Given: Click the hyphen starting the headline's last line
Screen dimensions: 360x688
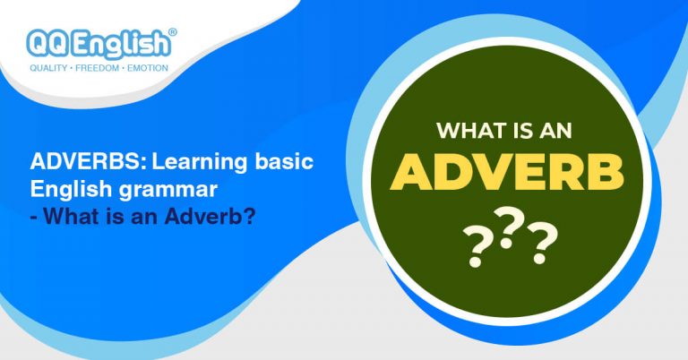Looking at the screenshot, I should click(x=33, y=217).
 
